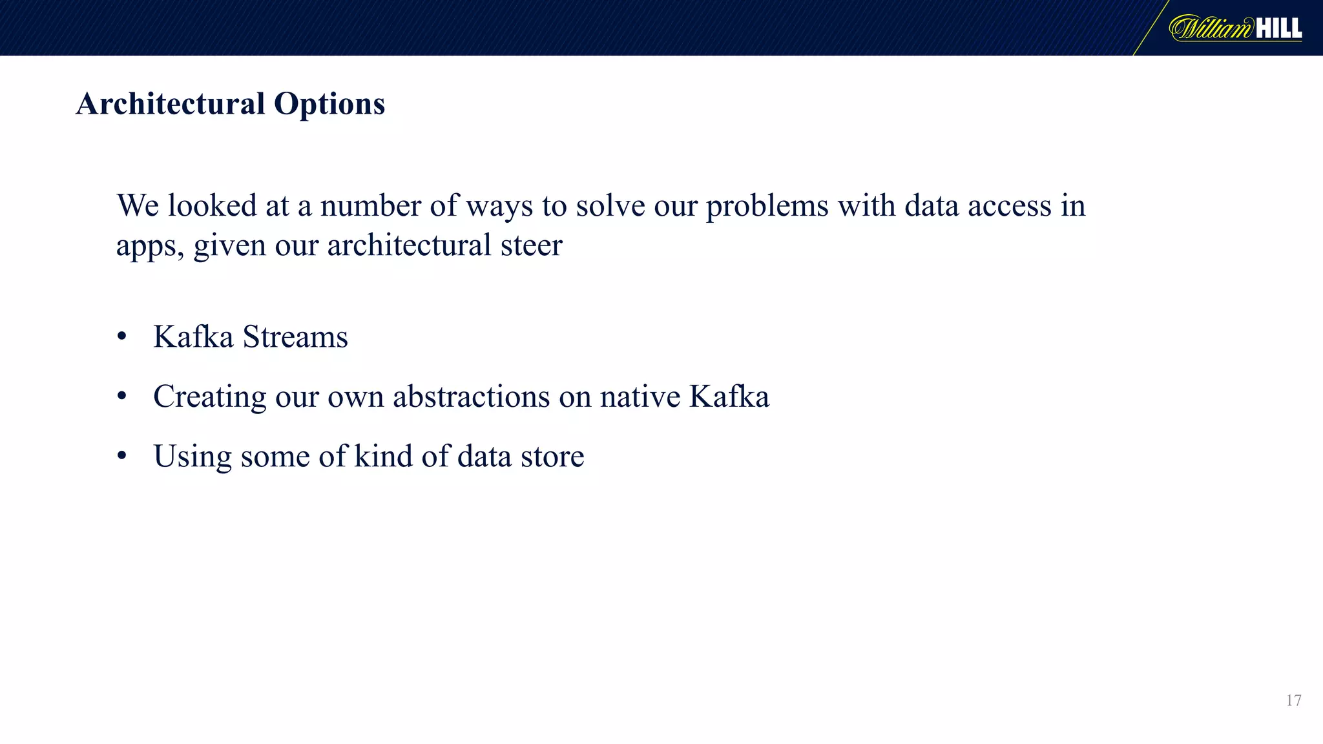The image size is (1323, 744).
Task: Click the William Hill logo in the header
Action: pos(1235,28)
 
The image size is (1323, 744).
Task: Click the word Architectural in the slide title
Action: pos(171,103)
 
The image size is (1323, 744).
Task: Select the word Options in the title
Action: pos(329,103)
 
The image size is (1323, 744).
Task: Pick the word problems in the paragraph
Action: pos(767,207)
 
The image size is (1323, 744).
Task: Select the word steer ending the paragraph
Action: pos(532,245)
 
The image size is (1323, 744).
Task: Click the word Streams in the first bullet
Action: pos(295,336)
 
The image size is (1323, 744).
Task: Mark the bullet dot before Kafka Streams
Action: pos(122,336)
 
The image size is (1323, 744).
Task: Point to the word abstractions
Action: pos(472,397)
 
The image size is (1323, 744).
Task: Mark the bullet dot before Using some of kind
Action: pos(122,456)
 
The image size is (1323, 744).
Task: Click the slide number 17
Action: pos(1293,701)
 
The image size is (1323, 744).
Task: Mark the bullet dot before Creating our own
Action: pos(122,397)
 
